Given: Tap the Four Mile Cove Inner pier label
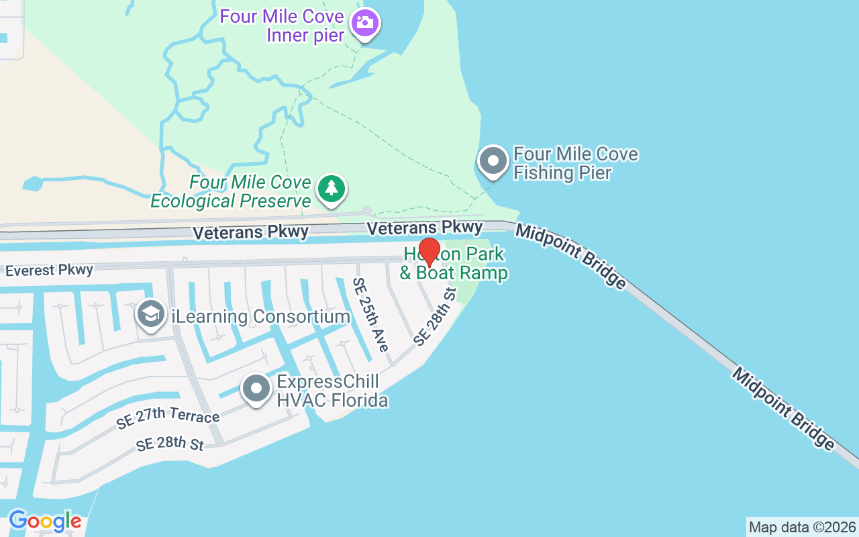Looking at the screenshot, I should point(282,26).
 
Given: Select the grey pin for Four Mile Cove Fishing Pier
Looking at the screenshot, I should point(494,162).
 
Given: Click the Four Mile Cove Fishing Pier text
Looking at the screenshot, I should point(575,163).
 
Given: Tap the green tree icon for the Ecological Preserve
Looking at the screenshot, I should point(331,188).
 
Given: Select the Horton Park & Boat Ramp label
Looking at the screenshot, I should point(454,264).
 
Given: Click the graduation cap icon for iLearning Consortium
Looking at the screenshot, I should point(151,313).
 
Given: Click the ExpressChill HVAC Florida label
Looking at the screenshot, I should point(332,391).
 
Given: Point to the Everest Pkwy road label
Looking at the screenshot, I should point(49,271).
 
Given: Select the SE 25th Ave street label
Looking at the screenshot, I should point(371,315).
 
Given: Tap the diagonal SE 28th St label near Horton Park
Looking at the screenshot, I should point(435,317).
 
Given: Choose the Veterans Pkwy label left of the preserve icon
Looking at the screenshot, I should point(250,232).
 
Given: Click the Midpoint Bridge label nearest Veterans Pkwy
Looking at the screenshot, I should point(570,256).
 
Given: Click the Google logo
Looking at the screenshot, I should point(45,521).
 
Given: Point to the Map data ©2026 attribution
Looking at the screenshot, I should point(802,527).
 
